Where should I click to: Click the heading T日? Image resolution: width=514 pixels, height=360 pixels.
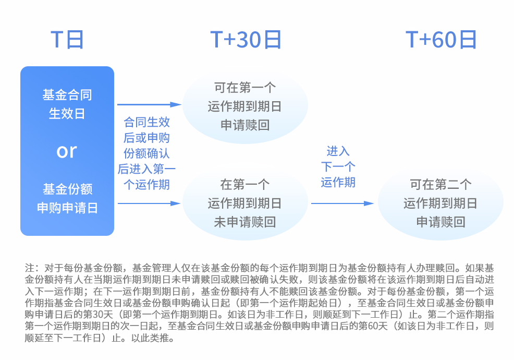[67, 40]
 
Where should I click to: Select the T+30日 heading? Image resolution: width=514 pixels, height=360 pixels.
[246, 40]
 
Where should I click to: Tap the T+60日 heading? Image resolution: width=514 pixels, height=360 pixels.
[441, 40]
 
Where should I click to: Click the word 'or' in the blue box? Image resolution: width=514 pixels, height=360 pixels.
[67, 151]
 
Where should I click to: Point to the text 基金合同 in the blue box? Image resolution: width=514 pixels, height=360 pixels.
[67, 95]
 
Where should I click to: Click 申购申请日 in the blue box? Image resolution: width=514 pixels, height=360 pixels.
[67, 208]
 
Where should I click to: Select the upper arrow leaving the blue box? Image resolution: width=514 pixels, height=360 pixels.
[149, 104]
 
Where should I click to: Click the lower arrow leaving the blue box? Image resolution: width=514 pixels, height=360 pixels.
[149, 203]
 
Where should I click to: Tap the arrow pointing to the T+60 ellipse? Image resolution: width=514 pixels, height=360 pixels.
[342, 203]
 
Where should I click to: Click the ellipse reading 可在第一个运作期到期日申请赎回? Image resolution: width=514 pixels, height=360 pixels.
[245, 106]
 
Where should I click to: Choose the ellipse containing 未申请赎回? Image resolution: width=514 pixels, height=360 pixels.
[245, 203]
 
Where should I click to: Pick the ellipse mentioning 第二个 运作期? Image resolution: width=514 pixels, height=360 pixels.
[440, 203]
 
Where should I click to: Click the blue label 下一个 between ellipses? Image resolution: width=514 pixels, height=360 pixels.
[338, 167]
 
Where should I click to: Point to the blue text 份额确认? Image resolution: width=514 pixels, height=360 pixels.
[146, 153]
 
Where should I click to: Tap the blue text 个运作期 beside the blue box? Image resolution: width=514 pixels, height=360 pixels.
[146, 185]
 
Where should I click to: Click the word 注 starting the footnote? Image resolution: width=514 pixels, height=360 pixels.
[30, 268]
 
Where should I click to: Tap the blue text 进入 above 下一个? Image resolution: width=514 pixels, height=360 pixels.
[338, 151]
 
